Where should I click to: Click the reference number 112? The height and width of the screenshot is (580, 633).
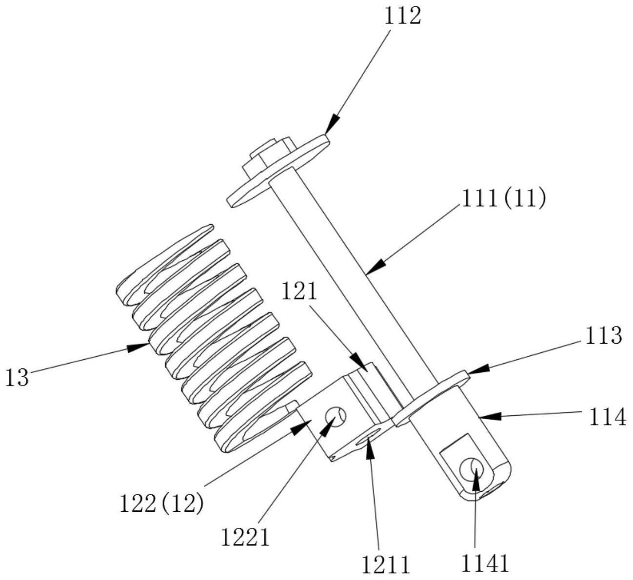coord(402,17)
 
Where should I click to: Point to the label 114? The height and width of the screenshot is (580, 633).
coord(608,418)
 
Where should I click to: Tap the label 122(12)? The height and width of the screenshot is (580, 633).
coord(161,504)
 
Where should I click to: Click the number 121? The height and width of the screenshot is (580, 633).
coord(299,291)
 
